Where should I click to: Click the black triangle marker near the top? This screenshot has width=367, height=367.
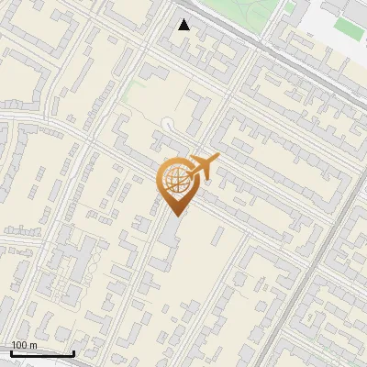pos(184,25)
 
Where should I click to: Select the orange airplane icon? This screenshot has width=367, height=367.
pos(203,168)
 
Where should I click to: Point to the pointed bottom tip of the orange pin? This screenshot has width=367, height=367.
pos(175,216)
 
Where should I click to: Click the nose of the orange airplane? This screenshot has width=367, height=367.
pos(218,159)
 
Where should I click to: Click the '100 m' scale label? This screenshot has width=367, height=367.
pos(24,345)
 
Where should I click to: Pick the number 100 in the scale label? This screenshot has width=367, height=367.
pos(18,345)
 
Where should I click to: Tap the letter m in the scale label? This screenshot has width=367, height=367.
pos(33,345)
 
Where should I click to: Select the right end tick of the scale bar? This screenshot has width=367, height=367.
pos(72,351)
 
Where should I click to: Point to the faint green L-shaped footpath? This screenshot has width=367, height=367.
pos(128,87)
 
